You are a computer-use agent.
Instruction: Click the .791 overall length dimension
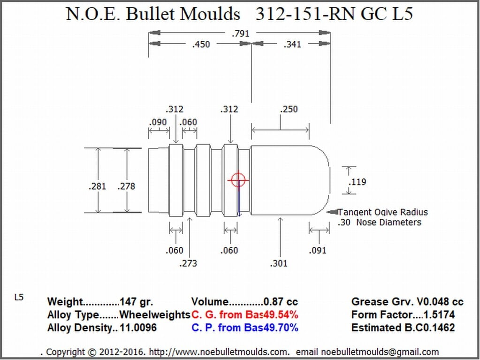[241, 33]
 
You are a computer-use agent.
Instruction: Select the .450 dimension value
[201, 45]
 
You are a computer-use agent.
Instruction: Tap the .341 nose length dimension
[292, 45]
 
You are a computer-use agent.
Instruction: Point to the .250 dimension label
[289, 109]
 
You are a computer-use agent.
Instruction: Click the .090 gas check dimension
[158, 123]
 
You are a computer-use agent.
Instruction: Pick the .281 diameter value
[97, 186]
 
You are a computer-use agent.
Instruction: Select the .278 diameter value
[126, 186]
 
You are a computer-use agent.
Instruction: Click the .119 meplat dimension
[357, 182]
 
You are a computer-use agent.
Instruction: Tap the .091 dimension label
[318, 251]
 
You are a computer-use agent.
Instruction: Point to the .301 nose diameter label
[279, 263]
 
